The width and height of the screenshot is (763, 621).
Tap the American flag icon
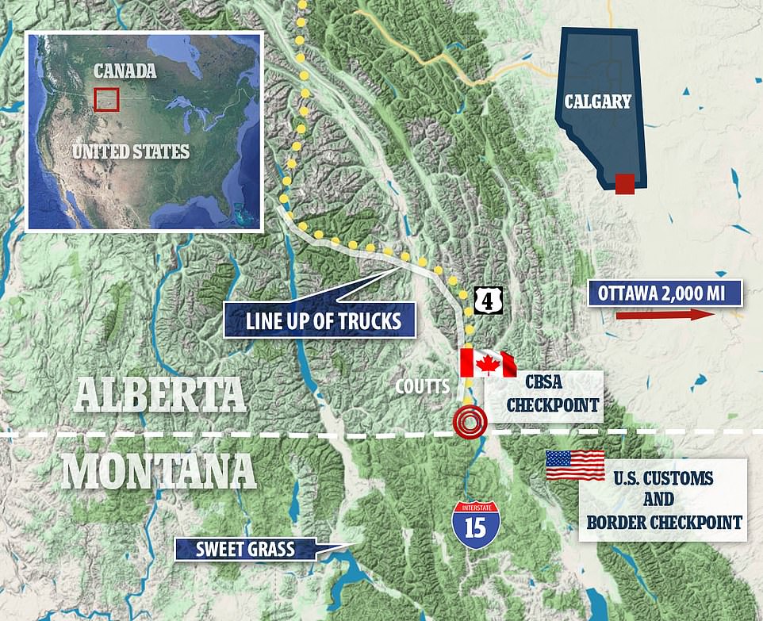coord(575,465)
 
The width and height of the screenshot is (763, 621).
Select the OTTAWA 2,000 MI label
coord(665,293)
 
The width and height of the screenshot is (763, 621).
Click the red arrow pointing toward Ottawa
coord(665,316)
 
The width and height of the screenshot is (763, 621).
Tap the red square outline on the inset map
coord(105,100)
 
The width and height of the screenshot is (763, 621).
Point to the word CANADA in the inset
coord(125,71)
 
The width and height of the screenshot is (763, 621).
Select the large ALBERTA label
coord(159,393)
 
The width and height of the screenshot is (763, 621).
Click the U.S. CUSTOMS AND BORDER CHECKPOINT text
coord(663,500)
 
